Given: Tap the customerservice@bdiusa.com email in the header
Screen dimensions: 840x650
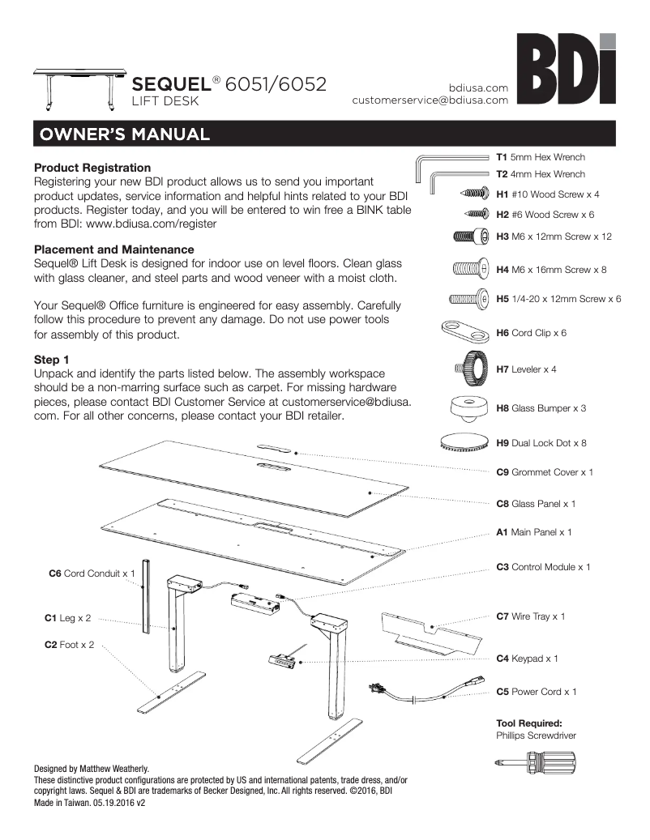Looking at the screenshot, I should (x=430, y=101).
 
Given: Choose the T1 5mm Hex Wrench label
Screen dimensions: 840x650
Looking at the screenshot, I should (x=540, y=157).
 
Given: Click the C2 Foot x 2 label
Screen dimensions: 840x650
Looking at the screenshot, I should (x=69, y=645).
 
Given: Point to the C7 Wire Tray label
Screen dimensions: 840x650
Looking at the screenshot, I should (x=530, y=616).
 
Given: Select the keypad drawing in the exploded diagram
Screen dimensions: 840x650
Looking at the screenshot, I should (x=282, y=660).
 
